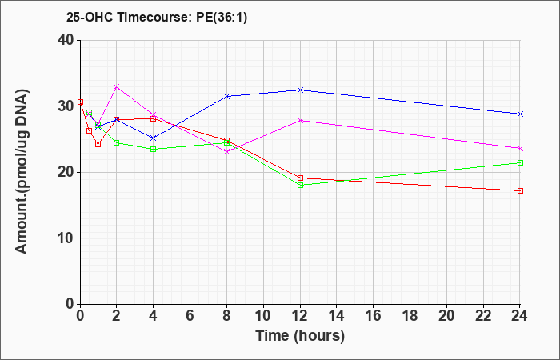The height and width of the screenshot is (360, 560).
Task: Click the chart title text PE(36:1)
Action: tap(222, 18)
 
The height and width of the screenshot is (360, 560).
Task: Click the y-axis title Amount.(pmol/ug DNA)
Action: tap(22, 171)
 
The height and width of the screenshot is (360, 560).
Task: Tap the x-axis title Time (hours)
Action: tap(300, 336)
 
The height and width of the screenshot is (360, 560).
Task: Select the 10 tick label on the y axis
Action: tap(66, 238)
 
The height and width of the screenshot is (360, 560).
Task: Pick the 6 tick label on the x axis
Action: tap(190, 316)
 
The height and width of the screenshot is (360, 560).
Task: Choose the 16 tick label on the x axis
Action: tap(373, 316)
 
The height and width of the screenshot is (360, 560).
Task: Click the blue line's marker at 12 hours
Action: tap(300, 90)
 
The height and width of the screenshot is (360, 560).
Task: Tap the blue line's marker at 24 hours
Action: tap(520, 114)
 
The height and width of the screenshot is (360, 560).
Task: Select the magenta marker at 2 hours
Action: tap(117, 86)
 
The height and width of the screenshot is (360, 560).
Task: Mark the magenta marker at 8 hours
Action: tap(226, 151)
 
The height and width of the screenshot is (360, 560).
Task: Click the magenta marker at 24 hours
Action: tap(520, 148)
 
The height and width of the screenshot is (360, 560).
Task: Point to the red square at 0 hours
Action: tap(80, 102)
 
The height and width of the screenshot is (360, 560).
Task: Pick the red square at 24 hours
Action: tap(520, 190)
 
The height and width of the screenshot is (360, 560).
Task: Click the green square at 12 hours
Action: tap(300, 185)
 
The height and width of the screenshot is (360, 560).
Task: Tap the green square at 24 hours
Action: tap(520, 163)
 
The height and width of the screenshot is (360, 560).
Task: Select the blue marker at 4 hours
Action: tap(154, 138)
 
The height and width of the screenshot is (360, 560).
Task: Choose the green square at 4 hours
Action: tap(154, 149)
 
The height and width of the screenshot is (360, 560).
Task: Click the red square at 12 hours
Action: tap(300, 178)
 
